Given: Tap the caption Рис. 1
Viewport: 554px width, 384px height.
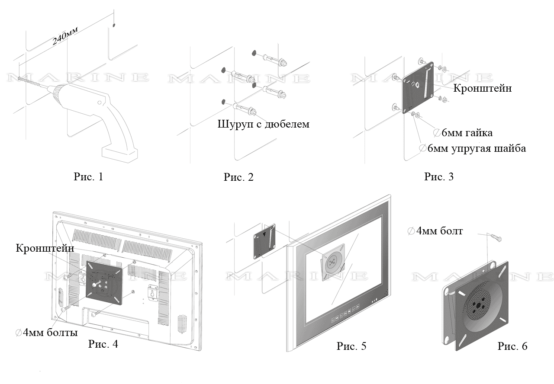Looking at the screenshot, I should [88, 176].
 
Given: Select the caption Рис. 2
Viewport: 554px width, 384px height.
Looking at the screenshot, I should [238, 177].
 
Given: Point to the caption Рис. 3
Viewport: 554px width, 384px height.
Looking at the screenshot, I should [439, 176].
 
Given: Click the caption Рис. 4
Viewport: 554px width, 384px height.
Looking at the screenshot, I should [103, 344].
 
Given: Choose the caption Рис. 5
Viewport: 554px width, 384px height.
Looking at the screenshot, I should [351, 346].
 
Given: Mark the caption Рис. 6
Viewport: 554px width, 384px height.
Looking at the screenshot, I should [512, 346].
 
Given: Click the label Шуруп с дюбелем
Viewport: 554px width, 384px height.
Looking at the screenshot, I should [264, 124].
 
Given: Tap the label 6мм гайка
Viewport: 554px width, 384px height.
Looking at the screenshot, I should [463, 132].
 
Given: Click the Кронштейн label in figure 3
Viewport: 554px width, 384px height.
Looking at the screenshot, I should [483, 88].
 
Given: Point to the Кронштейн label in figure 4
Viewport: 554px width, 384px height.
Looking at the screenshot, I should [45, 248].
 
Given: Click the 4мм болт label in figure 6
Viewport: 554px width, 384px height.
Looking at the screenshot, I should [435, 231].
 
